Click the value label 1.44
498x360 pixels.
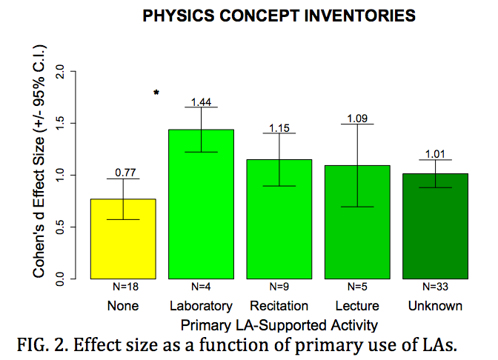[202, 101]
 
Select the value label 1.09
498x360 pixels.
[357, 117]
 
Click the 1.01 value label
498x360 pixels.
[435, 155]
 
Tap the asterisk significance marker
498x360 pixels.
[156, 93]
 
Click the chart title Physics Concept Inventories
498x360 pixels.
[279, 16]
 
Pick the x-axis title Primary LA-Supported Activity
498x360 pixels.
[279, 324]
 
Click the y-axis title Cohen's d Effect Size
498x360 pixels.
[41, 162]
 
